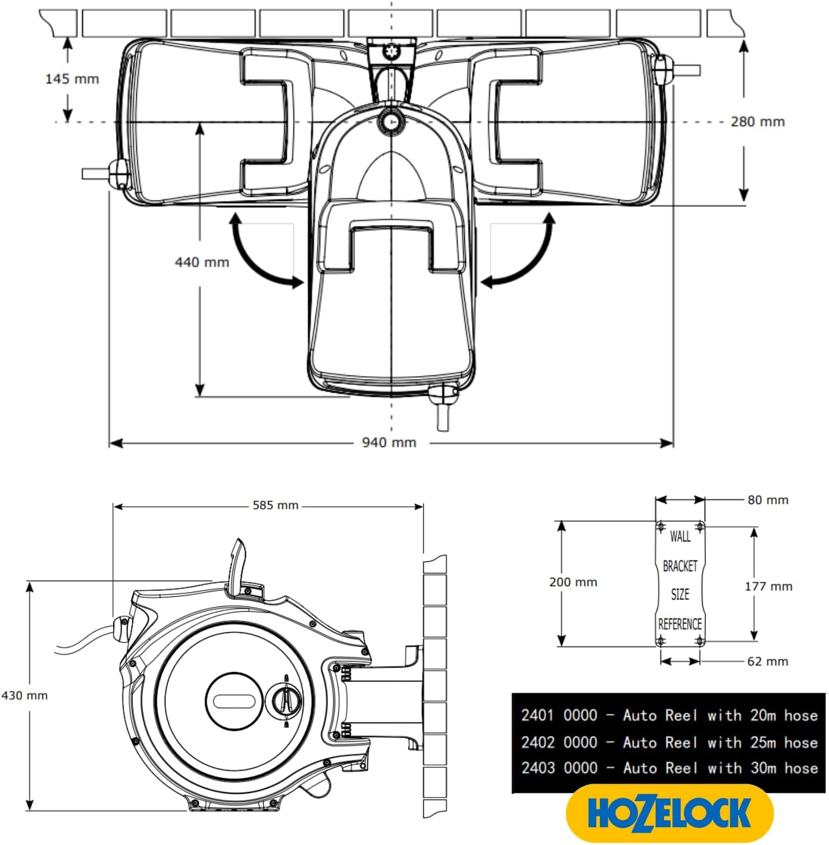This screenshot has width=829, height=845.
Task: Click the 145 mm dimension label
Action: pos(72,79)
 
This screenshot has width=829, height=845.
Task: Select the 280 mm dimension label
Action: pos(757,121)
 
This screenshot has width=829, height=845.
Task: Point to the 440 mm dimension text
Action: pos(202,262)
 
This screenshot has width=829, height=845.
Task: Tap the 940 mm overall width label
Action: pos(389,442)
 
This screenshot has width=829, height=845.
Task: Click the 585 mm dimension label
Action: pos(275,505)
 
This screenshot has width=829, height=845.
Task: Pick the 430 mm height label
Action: pos(24,695)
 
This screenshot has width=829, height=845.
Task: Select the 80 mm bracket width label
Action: pos(768,500)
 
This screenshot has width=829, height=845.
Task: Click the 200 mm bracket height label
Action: pos(573,582)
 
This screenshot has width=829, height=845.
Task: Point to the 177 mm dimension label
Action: pos(768,586)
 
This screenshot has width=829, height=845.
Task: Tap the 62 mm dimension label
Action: pos(767,661)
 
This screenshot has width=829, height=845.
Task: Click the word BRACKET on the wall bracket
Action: pos(680,566)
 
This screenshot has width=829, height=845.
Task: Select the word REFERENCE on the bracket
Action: pos(680,624)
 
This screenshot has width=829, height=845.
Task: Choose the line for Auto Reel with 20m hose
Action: pos(669,715)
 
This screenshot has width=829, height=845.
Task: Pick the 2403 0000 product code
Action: pos(559,768)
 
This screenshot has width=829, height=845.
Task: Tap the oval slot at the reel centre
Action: pos(234,700)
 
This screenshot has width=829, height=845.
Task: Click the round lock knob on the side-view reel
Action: pos(285,700)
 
